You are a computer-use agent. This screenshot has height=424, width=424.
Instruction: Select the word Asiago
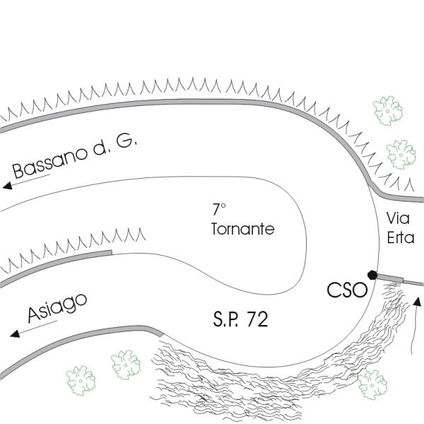coord(58,308)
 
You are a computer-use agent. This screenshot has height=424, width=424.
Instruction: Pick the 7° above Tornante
coord(219,210)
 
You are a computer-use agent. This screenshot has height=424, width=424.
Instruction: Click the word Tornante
coord(242,230)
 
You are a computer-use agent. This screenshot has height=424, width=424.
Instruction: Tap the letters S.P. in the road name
coord(228,319)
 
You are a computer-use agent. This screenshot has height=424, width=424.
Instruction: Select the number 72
coord(257,319)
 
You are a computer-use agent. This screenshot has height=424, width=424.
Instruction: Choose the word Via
coord(399,220)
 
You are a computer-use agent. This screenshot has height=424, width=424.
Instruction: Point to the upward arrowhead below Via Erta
coord(417,302)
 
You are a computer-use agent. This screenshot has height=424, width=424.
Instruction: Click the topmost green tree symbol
coord(387,111)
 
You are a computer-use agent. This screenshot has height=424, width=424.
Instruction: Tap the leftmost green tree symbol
coord(81,379)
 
